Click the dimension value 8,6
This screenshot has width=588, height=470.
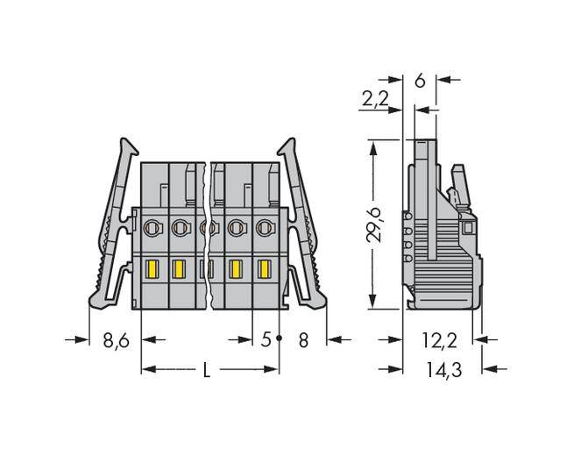pyautogui.click(x=116, y=339)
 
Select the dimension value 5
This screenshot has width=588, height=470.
pyautogui.click(x=266, y=339)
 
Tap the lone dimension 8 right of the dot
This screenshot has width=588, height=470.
pyautogui.click(x=303, y=339)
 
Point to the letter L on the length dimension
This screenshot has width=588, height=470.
pyautogui.click(x=207, y=370)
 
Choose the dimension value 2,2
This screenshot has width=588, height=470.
pyautogui.click(x=375, y=100)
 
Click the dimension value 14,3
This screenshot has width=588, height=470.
pyautogui.click(x=443, y=370)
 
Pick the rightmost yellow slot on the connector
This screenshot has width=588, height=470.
pyautogui.click(x=264, y=268)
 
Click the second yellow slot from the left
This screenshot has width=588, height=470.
pyautogui.click(x=179, y=268)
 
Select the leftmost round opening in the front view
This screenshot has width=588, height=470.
pyautogui.click(x=150, y=229)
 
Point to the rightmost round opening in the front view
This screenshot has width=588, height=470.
pyautogui.click(x=264, y=229)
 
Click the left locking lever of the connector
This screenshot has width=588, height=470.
pyautogui.click(x=111, y=230)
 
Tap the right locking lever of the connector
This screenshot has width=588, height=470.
pyautogui.click(x=302, y=230)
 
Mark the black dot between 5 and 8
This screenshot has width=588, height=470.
pyautogui.click(x=280, y=338)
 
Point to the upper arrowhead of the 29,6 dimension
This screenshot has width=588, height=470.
pyautogui.click(x=375, y=146)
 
